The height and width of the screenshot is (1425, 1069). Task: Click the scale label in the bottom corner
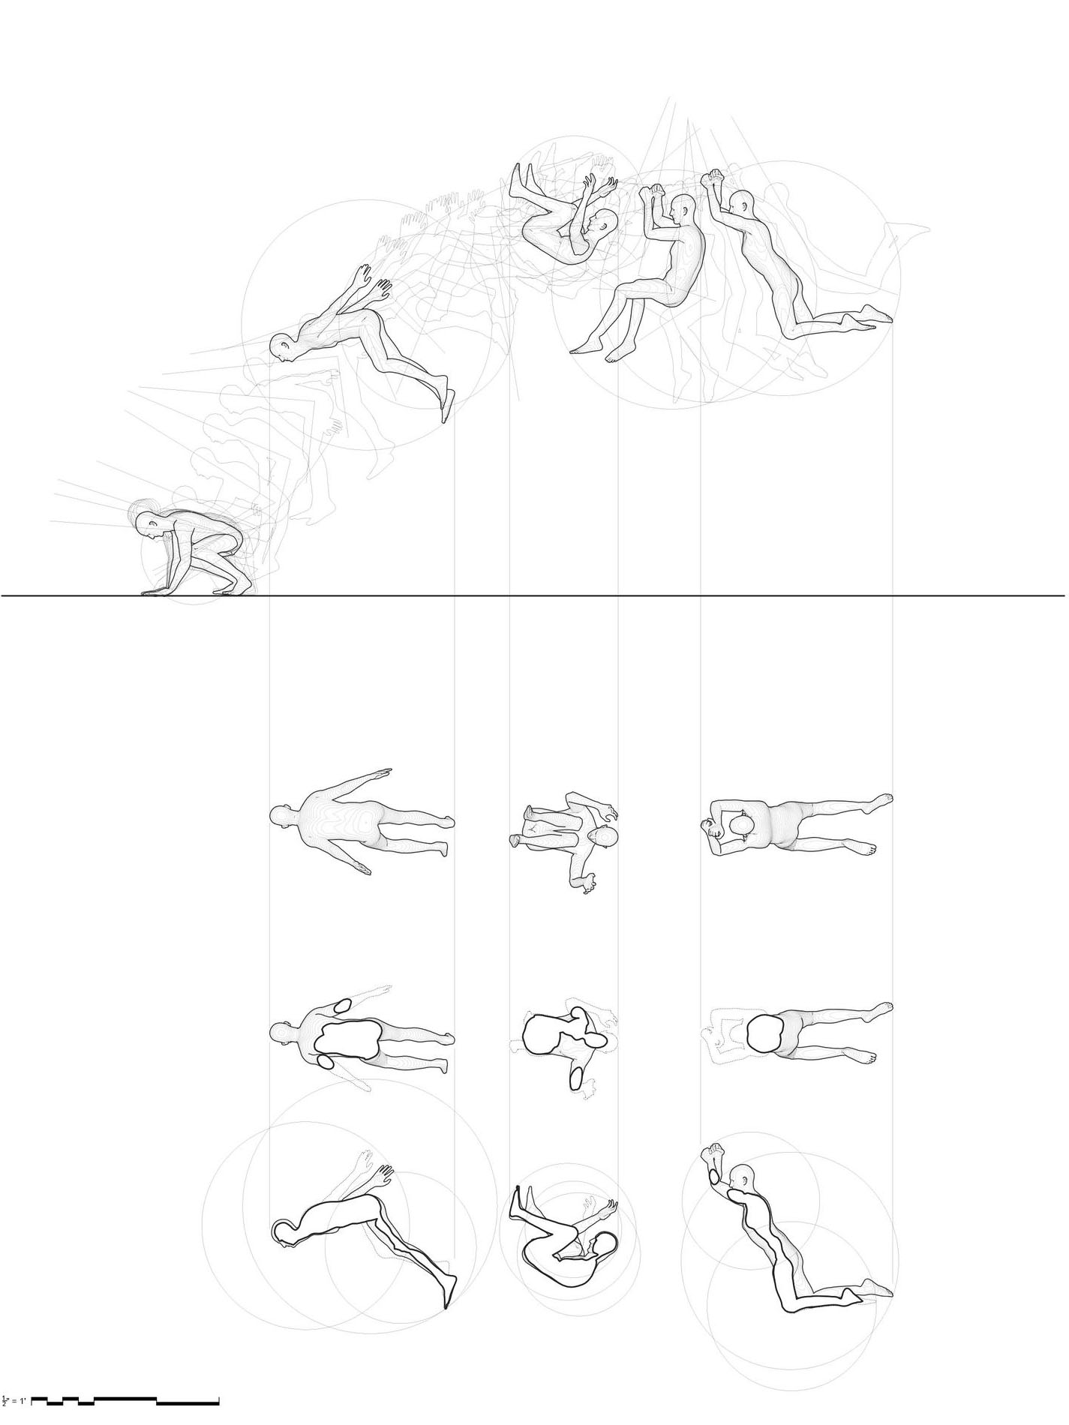pos(14,1400)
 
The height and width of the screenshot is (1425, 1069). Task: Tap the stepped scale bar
pos(125,1400)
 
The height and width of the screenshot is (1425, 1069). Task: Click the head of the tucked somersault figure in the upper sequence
pos(603,222)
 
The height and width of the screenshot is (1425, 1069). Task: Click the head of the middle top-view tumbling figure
pos(604,838)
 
